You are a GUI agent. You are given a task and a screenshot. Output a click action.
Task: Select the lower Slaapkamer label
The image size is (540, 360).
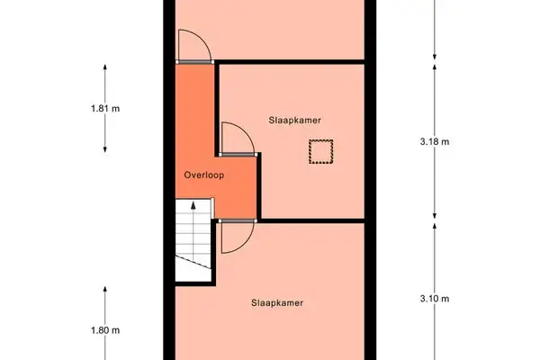click(277, 302)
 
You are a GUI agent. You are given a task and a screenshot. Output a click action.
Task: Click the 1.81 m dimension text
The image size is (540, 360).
click(105, 109)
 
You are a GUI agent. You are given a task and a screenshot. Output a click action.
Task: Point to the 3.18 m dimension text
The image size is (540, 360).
click(435, 141)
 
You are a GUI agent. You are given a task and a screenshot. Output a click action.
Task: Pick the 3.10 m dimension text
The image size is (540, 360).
click(435, 299)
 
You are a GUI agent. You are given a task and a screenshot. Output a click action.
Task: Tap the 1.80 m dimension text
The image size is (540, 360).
click(105, 330)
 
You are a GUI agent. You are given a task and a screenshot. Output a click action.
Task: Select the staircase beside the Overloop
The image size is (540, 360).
click(192, 238)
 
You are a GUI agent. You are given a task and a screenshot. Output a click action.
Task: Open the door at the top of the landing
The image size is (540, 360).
click(194, 46)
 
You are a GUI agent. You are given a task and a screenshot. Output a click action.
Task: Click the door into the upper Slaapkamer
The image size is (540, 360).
click(237, 139)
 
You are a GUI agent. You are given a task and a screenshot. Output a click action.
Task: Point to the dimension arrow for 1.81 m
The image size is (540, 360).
click(105, 81)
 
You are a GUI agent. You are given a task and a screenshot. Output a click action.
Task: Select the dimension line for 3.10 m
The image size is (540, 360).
click(435, 261)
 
